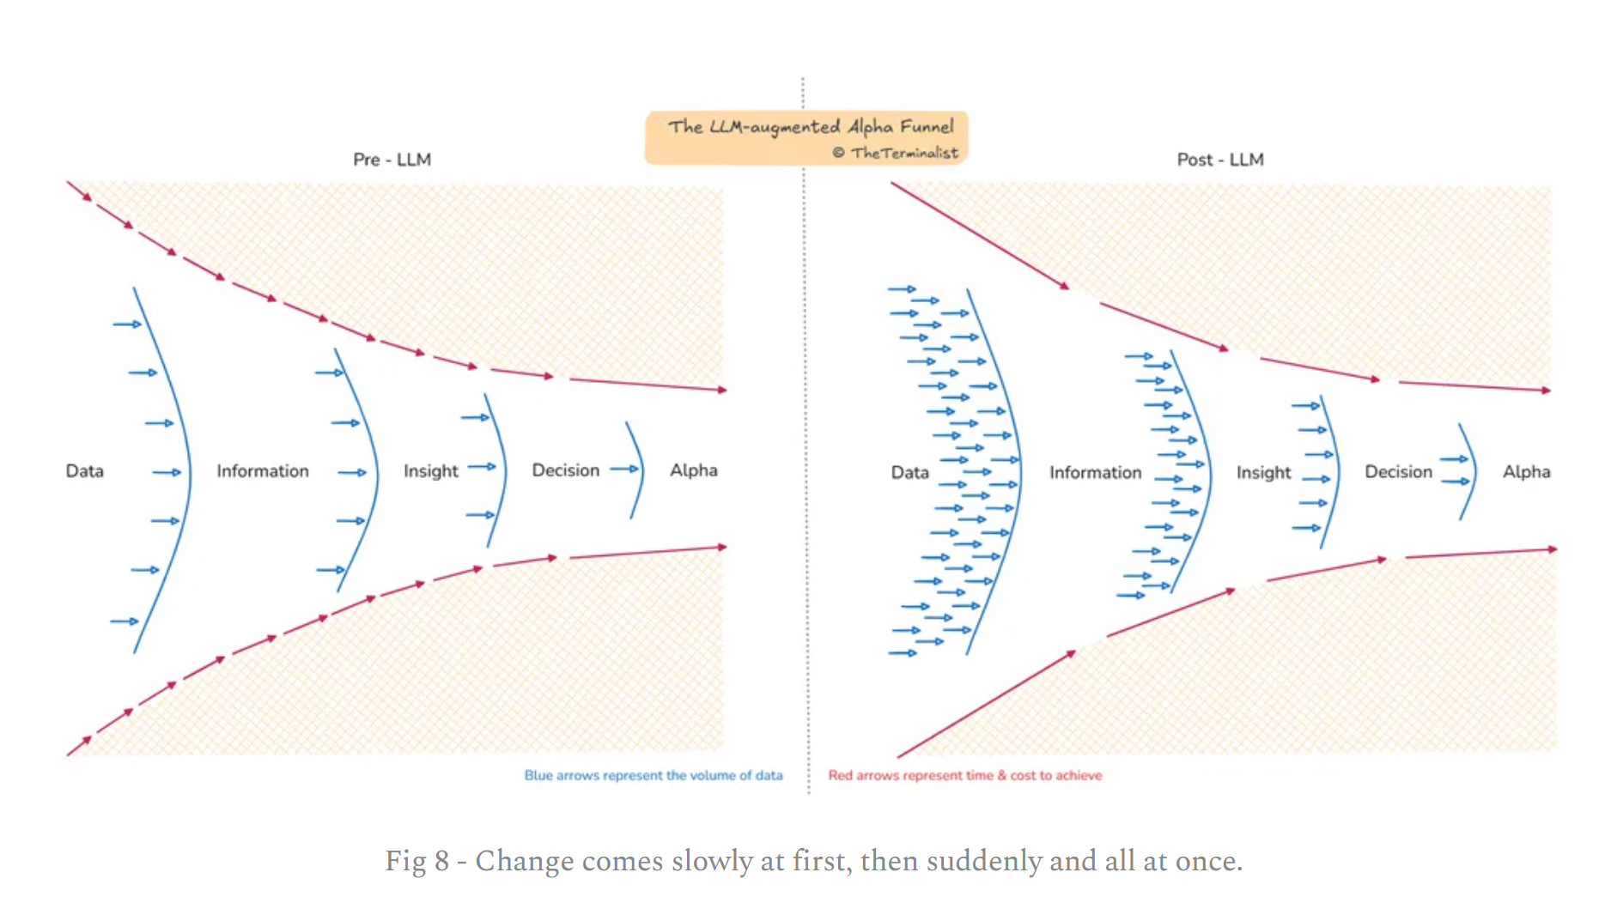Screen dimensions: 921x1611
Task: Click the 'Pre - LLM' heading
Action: coord(392,160)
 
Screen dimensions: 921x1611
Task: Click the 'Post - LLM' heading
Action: coord(1219,160)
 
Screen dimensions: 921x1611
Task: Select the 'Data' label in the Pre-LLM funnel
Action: coord(84,471)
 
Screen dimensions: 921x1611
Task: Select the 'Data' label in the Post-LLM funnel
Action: coord(909,472)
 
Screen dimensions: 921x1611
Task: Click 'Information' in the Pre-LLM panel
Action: coord(262,471)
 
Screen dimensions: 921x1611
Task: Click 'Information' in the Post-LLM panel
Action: coord(1095,472)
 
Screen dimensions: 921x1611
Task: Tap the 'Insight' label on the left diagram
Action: coord(430,471)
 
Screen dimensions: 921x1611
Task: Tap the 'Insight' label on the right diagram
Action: coord(1263,472)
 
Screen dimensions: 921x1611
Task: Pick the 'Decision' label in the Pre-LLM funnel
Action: coord(565,470)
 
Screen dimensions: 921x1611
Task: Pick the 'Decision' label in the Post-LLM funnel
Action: coord(1398,472)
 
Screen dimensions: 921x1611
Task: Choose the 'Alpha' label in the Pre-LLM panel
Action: coord(693,470)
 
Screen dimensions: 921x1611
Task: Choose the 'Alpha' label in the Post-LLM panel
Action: coord(1526,472)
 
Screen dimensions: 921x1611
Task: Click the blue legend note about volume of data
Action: coord(653,775)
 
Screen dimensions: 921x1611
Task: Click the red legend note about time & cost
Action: coord(964,775)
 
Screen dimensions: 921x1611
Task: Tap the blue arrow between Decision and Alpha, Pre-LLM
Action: coord(624,470)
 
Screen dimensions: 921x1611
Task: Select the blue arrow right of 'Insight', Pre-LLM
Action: coord(482,467)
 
